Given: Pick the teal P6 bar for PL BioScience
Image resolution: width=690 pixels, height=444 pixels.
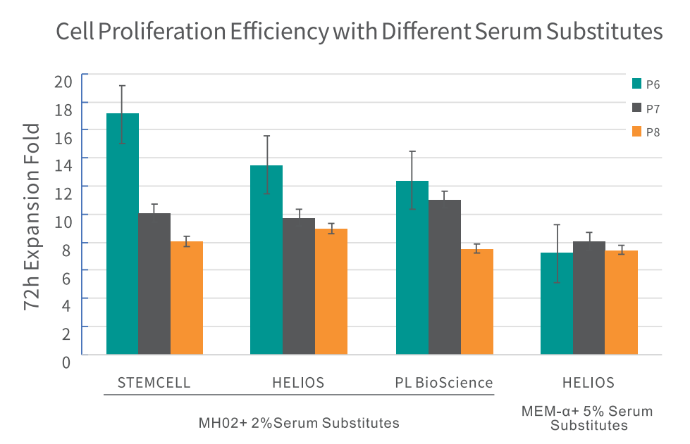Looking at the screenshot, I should [412, 267].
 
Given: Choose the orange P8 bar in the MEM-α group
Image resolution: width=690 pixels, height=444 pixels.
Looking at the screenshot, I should [621, 302].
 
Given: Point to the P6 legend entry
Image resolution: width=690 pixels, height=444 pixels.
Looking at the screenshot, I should [646, 84].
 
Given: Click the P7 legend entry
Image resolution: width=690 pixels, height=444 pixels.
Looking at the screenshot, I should [646, 108].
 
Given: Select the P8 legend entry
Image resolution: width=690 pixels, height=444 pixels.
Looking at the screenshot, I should [646, 131].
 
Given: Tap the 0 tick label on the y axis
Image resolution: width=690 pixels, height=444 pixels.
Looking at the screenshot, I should [66, 362].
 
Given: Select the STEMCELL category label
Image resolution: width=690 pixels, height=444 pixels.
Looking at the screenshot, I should [154, 383].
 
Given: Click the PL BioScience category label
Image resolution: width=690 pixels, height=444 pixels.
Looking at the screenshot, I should [443, 383].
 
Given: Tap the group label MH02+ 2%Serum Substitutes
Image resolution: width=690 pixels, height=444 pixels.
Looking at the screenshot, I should [299, 423].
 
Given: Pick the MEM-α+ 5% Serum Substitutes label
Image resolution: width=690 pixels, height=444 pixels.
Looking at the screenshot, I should [589, 418].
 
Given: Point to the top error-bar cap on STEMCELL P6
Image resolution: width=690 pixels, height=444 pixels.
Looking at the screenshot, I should [122, 86].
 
